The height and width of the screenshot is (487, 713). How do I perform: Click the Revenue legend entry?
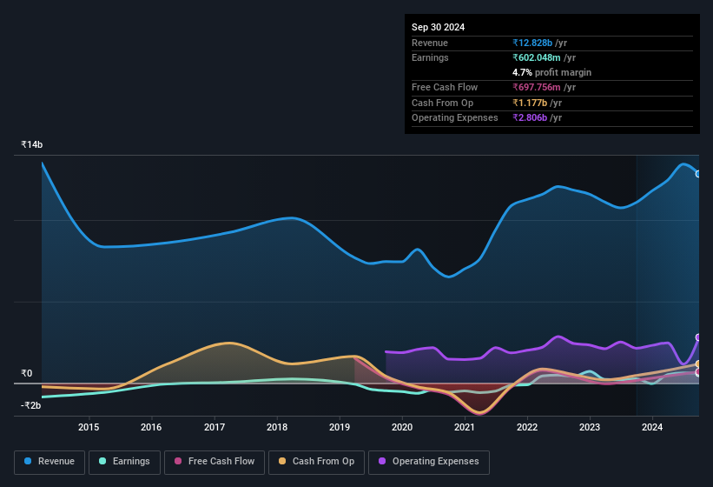tap(50, 462)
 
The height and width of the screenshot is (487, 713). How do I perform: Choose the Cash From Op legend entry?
tap(317, 462)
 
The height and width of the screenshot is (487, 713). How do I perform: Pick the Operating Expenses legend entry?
tap(429, 462)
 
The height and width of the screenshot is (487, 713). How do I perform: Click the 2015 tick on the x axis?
tap(89, 427)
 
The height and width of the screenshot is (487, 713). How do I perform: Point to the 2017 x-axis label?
tap(214, 427)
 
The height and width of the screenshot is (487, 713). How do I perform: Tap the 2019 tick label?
tap(340, 427)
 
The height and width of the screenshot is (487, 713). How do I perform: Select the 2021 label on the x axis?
tap(465, 427)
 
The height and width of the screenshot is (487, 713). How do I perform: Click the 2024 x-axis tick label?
tap(652, 427)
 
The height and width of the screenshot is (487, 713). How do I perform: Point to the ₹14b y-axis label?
tap(32, 144)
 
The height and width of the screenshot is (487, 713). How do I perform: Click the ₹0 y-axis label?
tap(27, 373)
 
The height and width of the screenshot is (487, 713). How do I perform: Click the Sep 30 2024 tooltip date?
tap(438, 27)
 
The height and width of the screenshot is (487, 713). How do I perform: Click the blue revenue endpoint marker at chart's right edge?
tap(698, 174)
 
